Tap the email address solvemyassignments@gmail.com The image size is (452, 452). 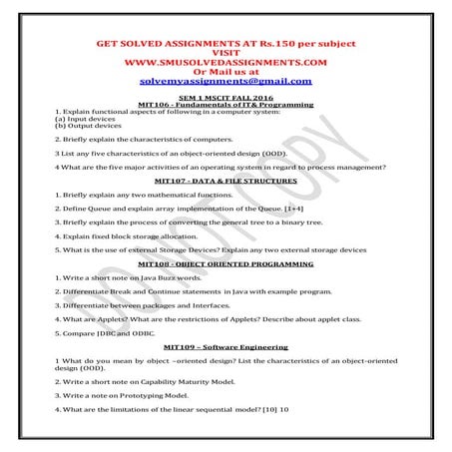[x=226, y=82]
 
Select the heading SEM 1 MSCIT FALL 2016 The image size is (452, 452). [x=225, y=97]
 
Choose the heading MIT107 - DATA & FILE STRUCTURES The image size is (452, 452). [x=226, y=182]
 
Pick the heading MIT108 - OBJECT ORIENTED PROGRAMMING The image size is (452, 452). [x=226, y=263]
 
